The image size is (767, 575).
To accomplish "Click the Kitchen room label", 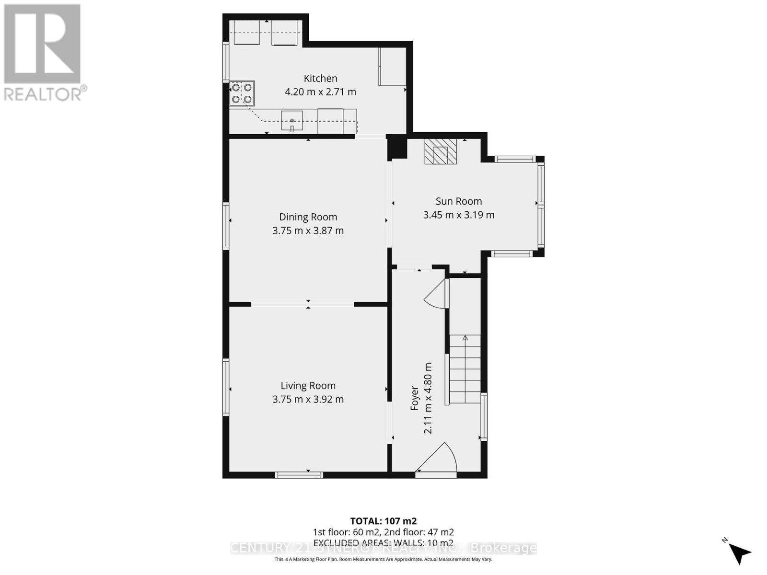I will tap(320, 79).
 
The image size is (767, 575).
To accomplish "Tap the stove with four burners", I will tap(242, 93).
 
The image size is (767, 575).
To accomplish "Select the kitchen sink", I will tap(291, 120).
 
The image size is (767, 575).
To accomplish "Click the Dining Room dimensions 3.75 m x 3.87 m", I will tap(308, 230).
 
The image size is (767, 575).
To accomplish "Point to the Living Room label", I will tap(308, 386).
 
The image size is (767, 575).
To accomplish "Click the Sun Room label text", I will tap(458, 202).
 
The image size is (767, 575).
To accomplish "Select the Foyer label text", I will tap(415, 399).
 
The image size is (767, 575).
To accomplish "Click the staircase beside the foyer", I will tap(465, 369).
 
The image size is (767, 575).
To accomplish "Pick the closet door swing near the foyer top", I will tap(437, 293).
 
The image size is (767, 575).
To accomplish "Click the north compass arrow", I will tap(739, 552).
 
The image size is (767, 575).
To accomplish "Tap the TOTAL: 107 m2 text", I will tap(383, 521).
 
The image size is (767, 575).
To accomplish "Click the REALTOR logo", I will tap(43, 53).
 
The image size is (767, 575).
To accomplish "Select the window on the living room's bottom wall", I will tap(299, 475).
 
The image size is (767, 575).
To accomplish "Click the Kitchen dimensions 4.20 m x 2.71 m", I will tap(320, 92).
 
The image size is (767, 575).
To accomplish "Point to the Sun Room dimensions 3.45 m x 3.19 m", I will tap(458, 215).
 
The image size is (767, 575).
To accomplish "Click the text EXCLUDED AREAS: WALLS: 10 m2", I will tap(383, 543).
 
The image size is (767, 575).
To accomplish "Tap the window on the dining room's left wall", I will tap(226, 226).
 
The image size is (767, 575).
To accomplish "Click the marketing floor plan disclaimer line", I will tap(383, 559).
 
